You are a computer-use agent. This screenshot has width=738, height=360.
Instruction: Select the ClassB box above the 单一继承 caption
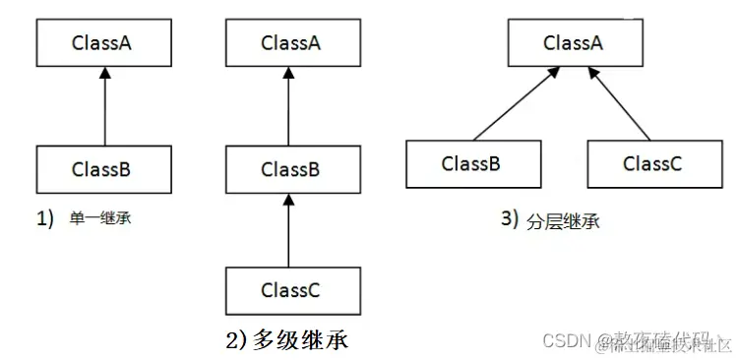[101, 167]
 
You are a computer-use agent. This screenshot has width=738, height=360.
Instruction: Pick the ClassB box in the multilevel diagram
[290, 168]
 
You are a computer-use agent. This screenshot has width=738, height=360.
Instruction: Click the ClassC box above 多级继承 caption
[290, 290]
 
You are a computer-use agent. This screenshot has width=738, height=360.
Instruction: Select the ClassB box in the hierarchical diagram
[471, 162]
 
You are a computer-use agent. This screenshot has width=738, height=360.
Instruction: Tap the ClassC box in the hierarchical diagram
[652, 162]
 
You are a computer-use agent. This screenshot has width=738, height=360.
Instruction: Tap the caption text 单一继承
[100, 219]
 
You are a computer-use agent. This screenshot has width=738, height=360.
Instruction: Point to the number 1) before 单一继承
[45, 219]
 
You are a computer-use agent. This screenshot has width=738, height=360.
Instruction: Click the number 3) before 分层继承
[509, 219]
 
